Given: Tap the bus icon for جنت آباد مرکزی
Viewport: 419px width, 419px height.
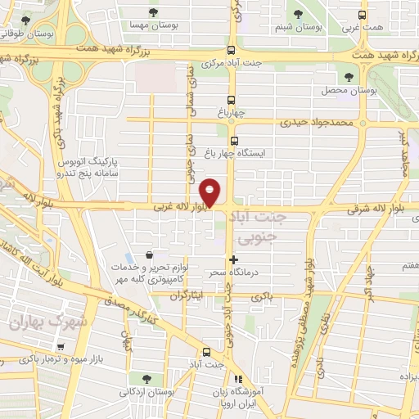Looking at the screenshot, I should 232,50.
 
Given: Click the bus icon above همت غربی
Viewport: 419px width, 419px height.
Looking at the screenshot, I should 363,14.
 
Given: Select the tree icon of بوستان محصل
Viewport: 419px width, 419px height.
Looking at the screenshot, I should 349,76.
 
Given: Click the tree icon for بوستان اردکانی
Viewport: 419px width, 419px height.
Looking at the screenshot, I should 146,378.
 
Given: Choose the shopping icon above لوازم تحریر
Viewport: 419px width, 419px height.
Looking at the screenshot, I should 147,255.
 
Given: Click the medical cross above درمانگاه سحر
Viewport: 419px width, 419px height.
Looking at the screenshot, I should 235,260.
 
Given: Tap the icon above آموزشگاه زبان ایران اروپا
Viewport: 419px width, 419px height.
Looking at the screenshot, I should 237,379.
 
